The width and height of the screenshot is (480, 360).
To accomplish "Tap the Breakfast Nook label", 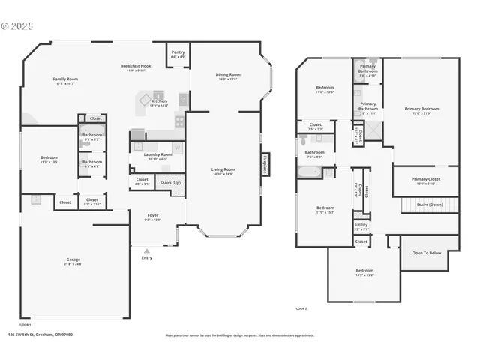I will click(x=136, y=67).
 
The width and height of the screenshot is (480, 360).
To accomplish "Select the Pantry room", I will click(x=178, y=54).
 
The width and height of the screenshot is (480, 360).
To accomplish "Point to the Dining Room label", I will click(x=228, y=76).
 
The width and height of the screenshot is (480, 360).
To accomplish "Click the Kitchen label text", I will click(x=159, y=103).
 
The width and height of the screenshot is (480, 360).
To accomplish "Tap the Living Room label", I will click(x=223, y=171).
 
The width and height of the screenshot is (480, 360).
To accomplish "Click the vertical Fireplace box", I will click(x=265, y=164).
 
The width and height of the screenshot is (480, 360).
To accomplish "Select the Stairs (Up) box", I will click(x=170, y=183).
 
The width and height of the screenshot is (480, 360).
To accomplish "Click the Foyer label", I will click(x=152, y=217).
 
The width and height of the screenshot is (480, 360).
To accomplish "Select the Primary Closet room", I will click(x=426, y=181).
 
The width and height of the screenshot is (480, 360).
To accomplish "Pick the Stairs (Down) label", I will click(x=430, y=204).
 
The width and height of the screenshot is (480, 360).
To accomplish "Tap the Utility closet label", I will click(x=361, y=226).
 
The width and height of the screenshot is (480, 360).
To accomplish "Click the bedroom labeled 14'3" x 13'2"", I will click(x=364, y=271).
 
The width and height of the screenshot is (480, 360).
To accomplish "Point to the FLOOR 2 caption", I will click(x=301, y=308).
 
